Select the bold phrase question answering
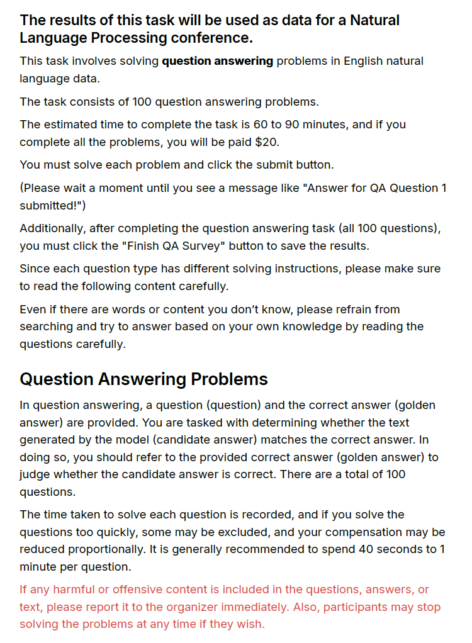pyautogui.click(x=217, y=61)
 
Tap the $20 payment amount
pyautogui.click(x=266, y=142)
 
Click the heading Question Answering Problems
pyautogui.click(x=143, y=379)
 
